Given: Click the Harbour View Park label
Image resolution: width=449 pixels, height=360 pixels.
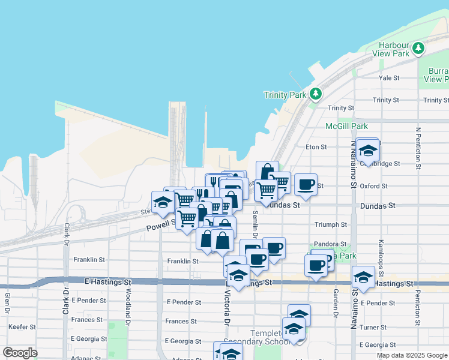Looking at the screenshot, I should point(394,49).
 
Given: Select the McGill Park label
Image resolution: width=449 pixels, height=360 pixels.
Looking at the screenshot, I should point(346,126).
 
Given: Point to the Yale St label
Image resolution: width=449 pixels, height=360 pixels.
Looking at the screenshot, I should point(389,78).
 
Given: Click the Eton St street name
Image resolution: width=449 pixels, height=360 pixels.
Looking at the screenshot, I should point(316,146).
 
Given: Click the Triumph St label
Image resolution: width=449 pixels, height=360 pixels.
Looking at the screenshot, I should point(331,224).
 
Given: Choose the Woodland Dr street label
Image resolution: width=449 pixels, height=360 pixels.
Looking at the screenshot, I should point(128,305).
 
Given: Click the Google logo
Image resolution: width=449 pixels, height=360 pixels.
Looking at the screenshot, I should point(20,353).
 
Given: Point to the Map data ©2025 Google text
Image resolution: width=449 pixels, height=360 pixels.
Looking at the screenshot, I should point(412,355).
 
